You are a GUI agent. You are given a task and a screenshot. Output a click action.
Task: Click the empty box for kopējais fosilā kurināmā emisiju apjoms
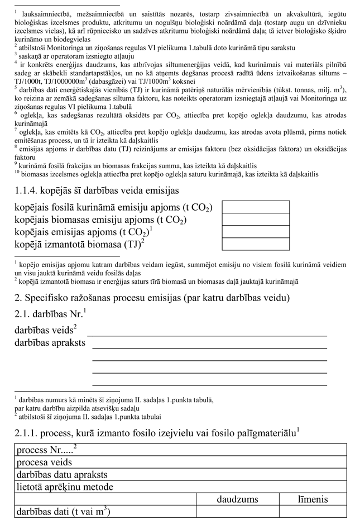coord(256,207)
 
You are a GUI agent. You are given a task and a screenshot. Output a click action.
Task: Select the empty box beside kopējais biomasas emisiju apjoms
coord(256,220)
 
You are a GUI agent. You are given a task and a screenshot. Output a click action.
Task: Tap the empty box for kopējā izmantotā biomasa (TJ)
coord(256,244)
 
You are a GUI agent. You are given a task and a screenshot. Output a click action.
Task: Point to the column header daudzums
coord(238,499)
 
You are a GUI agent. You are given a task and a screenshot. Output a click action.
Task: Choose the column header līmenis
coord(312,499)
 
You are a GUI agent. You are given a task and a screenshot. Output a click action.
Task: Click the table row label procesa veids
coord(44,462)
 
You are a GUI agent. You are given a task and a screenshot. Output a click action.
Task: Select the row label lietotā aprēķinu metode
coord(65,487)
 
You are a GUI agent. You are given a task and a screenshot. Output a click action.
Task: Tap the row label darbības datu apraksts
coord(62,474)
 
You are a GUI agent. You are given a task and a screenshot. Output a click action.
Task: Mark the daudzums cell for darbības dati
coord(238,511)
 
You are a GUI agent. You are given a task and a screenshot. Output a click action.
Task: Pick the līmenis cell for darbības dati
coord(312,511)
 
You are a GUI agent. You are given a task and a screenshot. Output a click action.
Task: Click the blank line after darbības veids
coord(207,333)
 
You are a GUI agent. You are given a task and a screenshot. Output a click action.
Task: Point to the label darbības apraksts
coord(50,342)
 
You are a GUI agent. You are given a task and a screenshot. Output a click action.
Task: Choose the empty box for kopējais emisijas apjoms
coord(256,232)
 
